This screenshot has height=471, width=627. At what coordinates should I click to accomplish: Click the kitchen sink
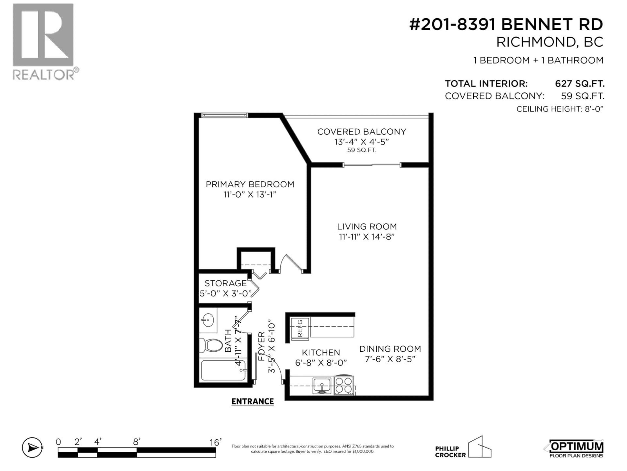[x=322, y=385]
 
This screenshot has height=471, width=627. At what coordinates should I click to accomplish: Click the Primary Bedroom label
[x=250, y=184]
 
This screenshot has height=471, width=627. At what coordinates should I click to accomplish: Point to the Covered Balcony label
[x=361, y=132]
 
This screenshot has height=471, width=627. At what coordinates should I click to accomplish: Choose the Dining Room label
[x=390, y=349]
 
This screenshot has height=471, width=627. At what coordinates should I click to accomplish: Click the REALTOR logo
[x=44, y=41]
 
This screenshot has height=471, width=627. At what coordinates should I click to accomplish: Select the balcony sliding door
[x=372, y=165]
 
